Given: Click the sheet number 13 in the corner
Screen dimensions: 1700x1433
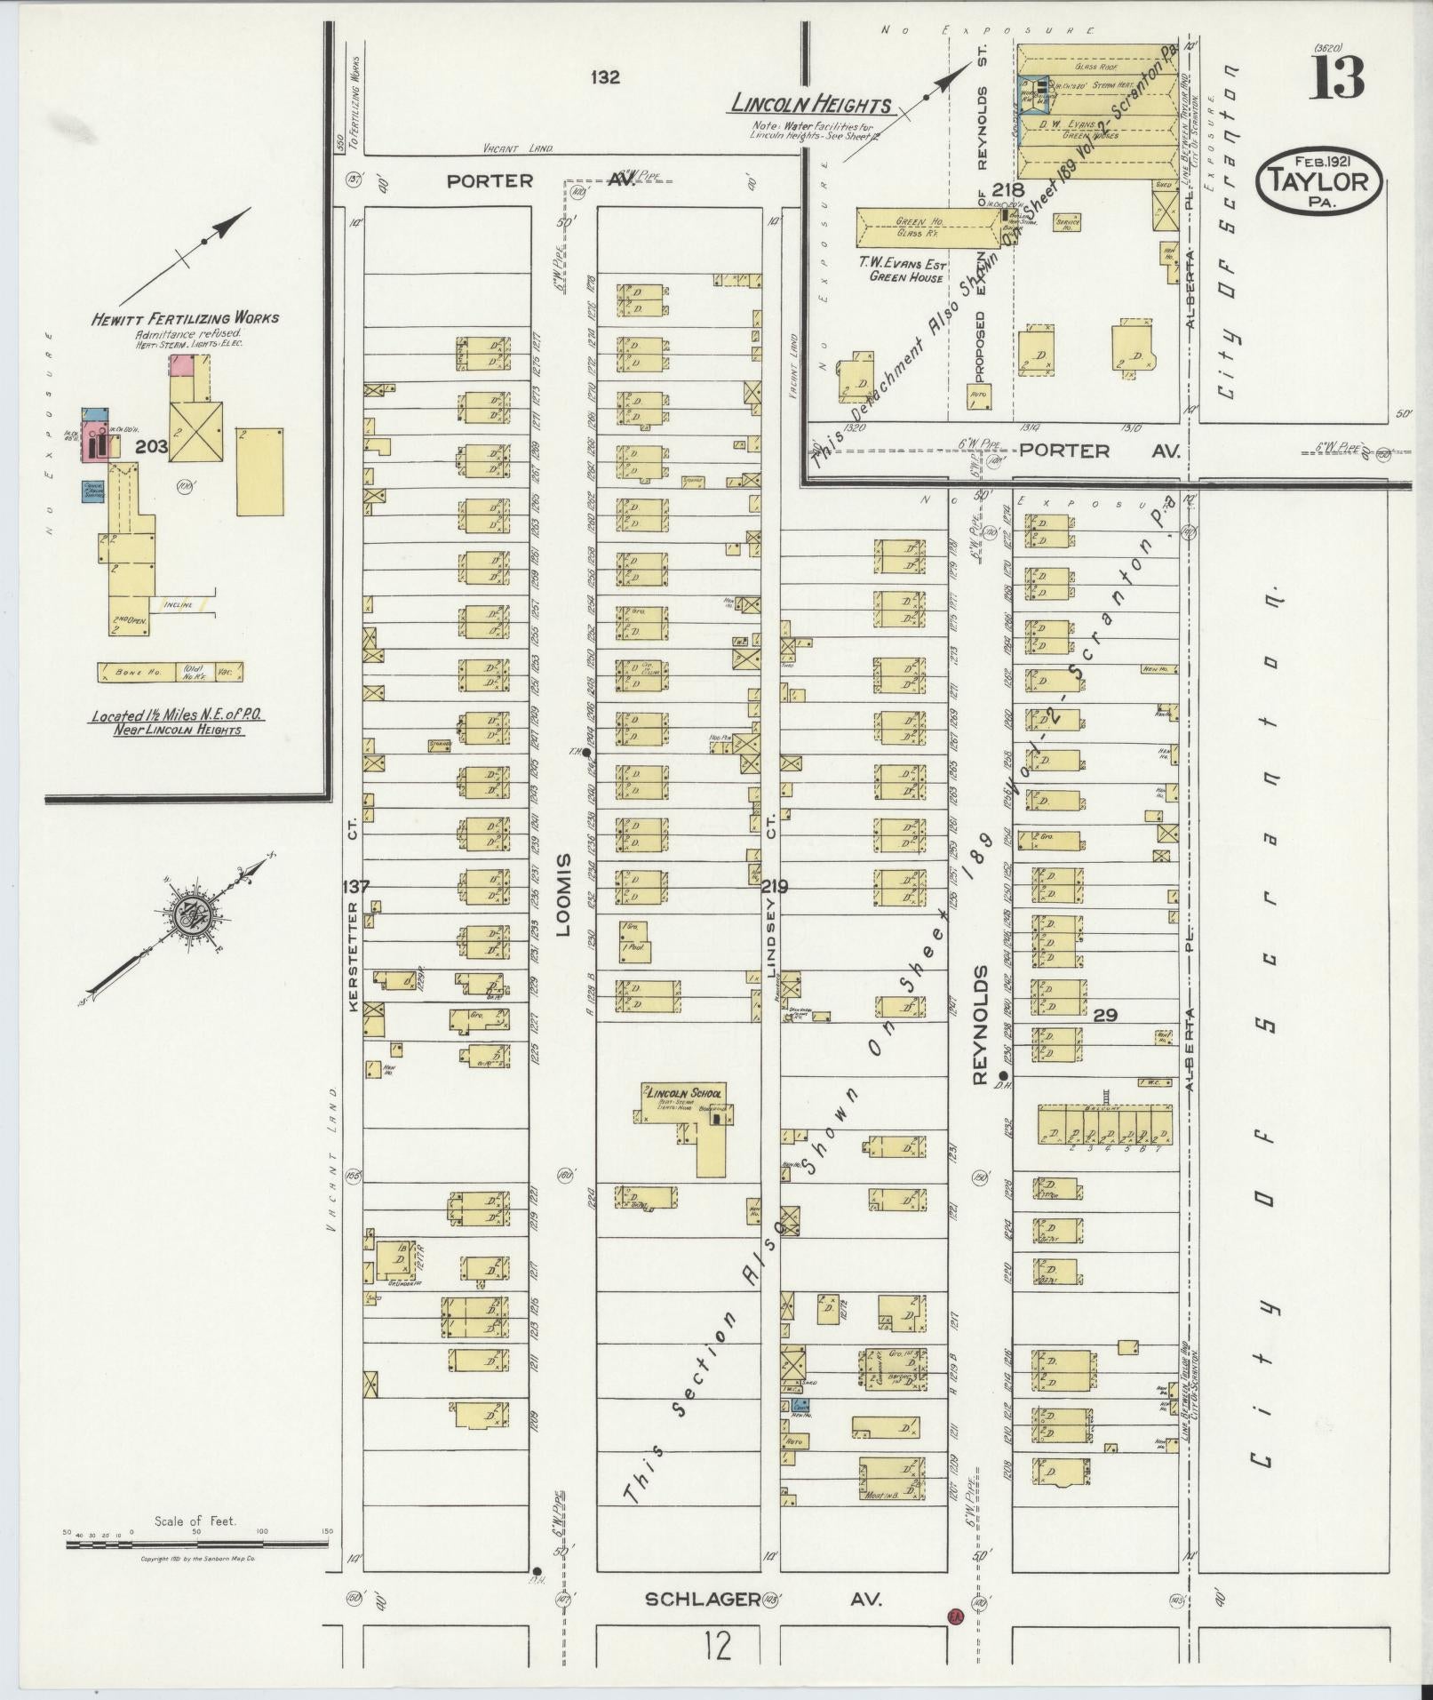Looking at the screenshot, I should [1335, 77].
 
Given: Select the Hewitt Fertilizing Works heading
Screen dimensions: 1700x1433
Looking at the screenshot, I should [185, 318].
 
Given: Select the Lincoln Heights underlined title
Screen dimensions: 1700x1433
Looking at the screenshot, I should [810, 105].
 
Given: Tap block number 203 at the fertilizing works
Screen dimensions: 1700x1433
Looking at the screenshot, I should [151, 447].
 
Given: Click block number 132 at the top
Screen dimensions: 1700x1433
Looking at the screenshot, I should [605, 77].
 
